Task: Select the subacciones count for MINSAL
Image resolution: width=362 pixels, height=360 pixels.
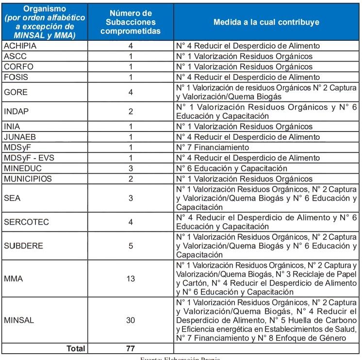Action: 131,321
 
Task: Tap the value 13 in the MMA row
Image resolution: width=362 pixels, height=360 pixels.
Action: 131,279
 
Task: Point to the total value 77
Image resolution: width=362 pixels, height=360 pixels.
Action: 131,348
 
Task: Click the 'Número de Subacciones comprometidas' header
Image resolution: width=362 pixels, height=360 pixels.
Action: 131,22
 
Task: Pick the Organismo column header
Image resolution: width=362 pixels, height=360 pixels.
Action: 44,22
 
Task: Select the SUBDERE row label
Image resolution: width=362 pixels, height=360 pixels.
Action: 23,245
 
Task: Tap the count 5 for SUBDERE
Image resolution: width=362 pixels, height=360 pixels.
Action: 131,245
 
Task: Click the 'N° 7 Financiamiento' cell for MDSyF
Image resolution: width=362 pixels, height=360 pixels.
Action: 213,147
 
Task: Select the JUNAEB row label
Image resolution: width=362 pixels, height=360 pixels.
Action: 19,137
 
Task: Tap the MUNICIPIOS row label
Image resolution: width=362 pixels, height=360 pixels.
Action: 28,179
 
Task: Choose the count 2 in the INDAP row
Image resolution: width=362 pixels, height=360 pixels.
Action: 131,111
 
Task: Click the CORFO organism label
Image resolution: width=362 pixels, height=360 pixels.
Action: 18,66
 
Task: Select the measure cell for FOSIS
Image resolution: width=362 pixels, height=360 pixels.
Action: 247,77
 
